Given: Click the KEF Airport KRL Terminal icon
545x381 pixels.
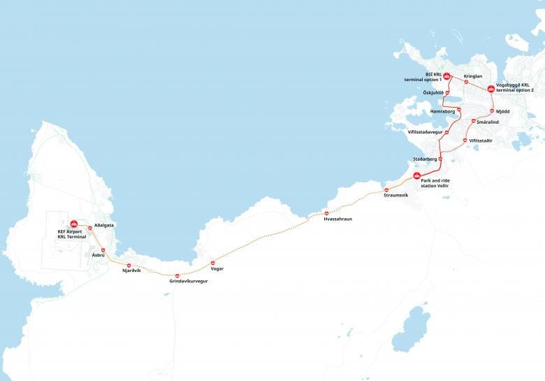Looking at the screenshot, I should click(74, 224).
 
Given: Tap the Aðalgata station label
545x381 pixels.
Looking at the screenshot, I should click(103, 226).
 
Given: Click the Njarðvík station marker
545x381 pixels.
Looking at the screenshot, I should click(129, 265).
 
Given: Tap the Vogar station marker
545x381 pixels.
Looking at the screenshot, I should click(213, 263).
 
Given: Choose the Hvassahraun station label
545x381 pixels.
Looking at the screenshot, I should click(338, 219).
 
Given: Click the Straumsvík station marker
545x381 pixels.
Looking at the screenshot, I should click(385, 190).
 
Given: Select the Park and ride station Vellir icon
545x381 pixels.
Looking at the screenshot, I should click(417, 175).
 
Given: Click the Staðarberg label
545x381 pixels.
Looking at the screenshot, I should click(425, 159).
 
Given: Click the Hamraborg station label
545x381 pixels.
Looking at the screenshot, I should click(443, 111).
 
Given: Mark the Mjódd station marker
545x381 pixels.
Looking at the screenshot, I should click(492, 111).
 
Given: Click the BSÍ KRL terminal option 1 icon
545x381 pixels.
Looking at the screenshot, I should click(446, 76).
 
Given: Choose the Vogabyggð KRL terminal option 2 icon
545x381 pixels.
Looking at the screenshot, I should click(491, 89).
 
